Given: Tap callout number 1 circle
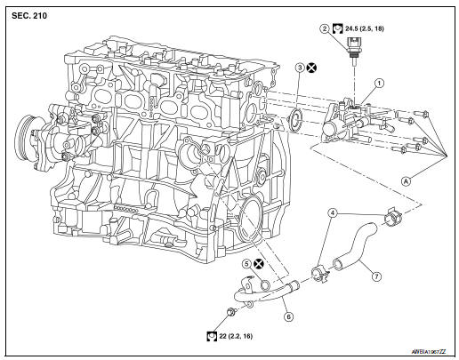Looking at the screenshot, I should coord(379,84).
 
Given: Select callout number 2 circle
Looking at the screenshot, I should coord(326,29).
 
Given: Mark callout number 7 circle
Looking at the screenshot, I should coord(376,276).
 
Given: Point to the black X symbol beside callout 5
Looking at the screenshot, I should coord(258,264).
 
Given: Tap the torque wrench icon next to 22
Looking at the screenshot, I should coord(212,337).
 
